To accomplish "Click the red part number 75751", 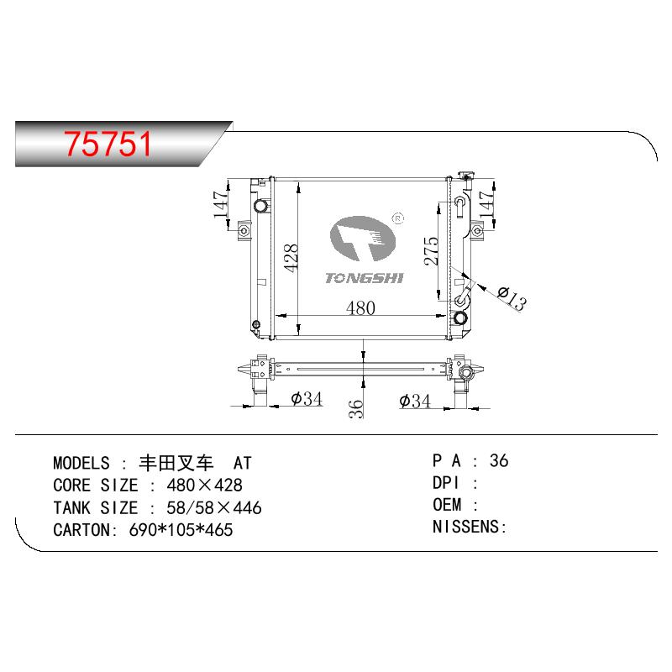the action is point(108,144).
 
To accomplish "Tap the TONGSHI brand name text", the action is point(364,278).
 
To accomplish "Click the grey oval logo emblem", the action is point(363,239).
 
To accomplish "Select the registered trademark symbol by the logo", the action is point(398,218).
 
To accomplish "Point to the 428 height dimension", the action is point(291,258).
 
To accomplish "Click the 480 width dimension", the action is point(360,307).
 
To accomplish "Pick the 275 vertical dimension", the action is point(432,250).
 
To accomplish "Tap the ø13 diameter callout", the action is point(512,297).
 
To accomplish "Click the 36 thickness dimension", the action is point(355,408).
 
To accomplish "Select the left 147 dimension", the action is point(221,204).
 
